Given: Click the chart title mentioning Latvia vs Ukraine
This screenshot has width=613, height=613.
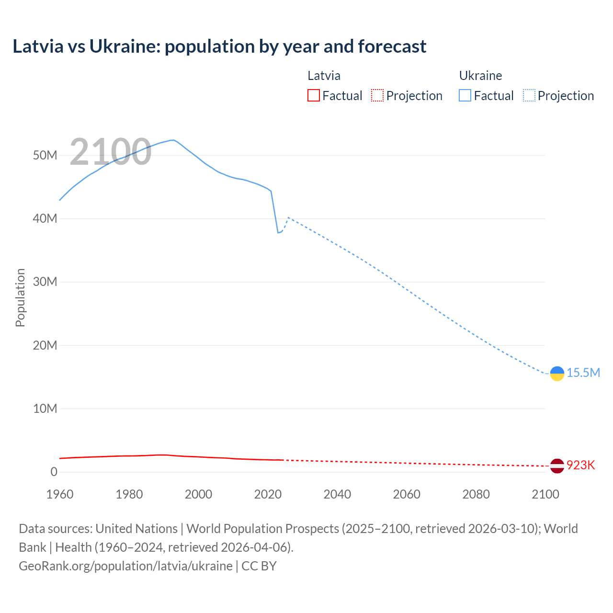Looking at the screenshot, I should [219, 46].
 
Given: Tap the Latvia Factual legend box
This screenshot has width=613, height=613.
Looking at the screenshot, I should [313, 95].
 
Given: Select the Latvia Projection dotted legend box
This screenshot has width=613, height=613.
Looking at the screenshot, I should [377, 95].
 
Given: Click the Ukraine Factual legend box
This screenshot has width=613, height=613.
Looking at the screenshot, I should [465, 95].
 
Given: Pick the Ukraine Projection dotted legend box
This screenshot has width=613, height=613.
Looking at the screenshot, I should [529, 95].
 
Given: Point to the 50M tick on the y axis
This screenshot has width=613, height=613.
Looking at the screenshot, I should [45, 155].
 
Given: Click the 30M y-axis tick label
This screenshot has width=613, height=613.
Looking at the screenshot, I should [45, 282].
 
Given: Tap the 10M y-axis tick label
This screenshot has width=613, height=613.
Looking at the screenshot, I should [45, 409].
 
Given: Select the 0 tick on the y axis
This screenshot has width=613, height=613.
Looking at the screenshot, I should [54, 472].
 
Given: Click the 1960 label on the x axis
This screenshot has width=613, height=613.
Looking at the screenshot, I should [60, 494].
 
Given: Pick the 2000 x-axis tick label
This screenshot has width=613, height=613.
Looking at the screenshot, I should [198, 494].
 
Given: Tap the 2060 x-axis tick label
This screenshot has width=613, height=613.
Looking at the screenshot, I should [407, 494].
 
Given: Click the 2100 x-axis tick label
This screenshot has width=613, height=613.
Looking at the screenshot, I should [545, 494].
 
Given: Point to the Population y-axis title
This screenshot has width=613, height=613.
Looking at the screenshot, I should [20, 297].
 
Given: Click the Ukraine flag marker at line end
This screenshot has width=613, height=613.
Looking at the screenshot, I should [557, 374].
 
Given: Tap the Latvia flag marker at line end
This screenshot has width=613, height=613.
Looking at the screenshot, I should [557, 465].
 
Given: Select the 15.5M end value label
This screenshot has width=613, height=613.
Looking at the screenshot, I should [583, 373].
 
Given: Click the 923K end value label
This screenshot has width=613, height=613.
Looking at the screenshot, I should [580, 465].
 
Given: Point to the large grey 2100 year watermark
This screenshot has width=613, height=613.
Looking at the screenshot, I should [111, 152].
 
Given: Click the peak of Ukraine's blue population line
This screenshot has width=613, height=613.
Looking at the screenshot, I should [172, 140].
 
